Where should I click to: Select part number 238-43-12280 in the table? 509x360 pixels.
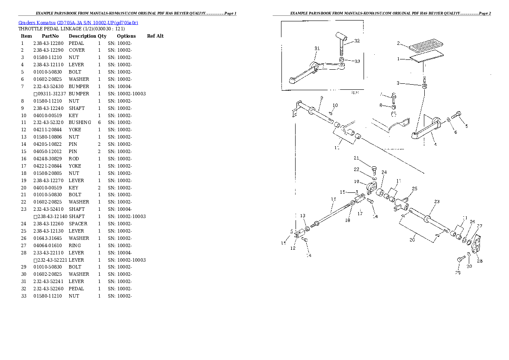point(48,43)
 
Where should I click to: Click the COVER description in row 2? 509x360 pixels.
point(77,50)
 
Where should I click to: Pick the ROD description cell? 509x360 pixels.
point(74,159)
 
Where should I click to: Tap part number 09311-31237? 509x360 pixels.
point(52,94)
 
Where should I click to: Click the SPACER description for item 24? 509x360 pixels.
point(78,224)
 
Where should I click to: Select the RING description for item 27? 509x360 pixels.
point(75,245)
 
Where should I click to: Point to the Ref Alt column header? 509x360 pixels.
point(155,36)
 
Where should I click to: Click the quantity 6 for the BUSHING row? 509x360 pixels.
point(99,122)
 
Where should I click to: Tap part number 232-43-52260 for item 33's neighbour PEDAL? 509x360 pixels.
point(48,289)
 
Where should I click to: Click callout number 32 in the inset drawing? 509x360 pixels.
point(357,41)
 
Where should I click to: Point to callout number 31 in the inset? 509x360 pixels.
point(317,48)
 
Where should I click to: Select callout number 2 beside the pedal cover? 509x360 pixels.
point(398,43)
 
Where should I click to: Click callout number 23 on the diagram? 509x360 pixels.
point(437,201)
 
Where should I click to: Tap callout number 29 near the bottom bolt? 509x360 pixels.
point(458,273)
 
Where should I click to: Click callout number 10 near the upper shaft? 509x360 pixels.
point(335,105)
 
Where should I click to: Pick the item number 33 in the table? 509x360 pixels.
point(24,296)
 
